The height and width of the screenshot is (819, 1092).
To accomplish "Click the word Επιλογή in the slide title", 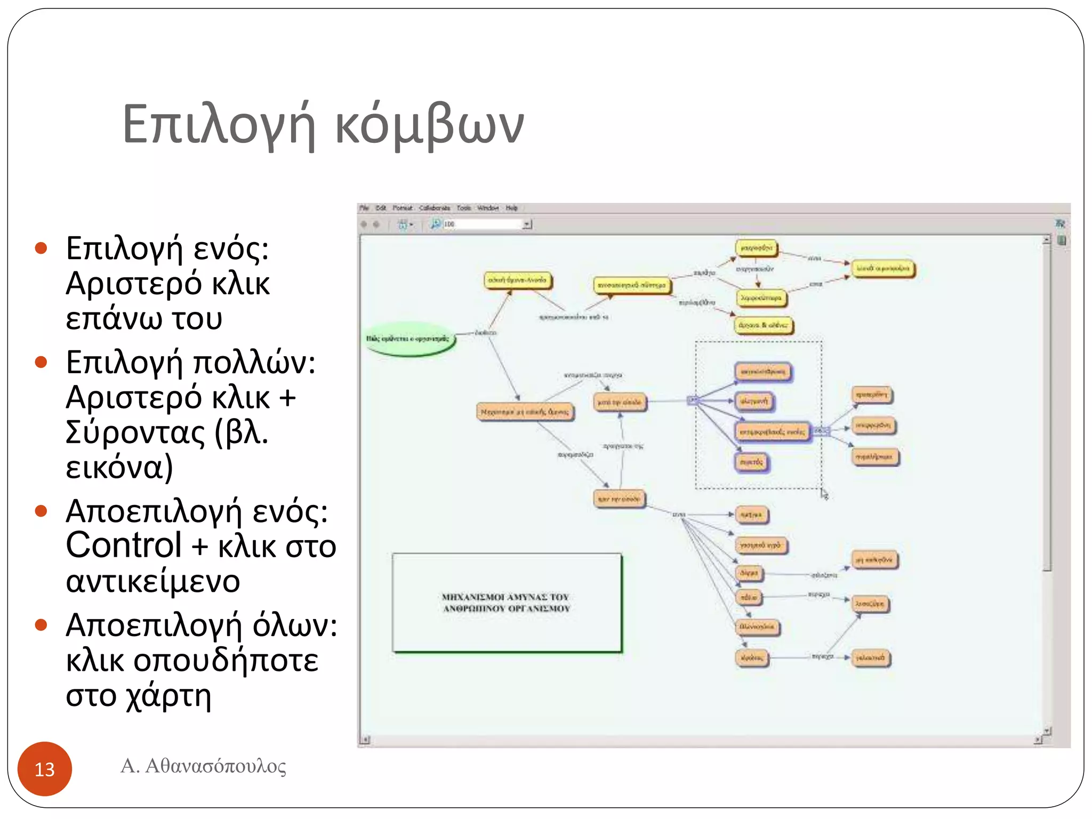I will pyautogui.click(x=219, y=125).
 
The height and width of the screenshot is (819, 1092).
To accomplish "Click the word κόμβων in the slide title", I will pyautogui.click(x=429, y=125).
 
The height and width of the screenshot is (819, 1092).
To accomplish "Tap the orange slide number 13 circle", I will pyautogui.click(x=45, y=768).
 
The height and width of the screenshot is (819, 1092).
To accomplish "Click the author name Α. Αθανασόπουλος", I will pyautogui.click(x=203, y=766).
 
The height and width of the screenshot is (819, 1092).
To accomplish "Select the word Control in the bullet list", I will pyautogui.click(x=124, y=545).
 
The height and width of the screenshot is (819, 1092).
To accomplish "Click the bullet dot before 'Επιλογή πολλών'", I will pyautogui.click(x=41, y=363).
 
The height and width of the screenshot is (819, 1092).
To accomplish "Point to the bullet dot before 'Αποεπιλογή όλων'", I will pyautogui.click(x=41, y=624).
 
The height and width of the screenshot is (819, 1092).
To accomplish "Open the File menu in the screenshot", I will pyautogui.click(x=364, y=208).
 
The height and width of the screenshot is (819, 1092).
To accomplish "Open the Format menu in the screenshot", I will pyautogui.click(x=403, y=208).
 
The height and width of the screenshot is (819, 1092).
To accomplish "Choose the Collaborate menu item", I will pyautogui.click(x=434, y=208).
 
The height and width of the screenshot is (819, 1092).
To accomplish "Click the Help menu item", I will pyautogui.click(x=512, y=208).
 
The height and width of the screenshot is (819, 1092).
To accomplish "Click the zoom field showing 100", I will pyautogui.click(x=483, y=224).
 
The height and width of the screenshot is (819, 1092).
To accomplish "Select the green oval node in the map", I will pyautogui.click(x=409, y=338).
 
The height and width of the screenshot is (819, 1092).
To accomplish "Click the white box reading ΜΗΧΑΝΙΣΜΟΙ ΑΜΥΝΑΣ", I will pyautogui.click(x=507, y=603).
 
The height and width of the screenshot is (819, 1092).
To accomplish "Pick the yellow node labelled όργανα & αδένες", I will pyautogui.click(x=763, y=325).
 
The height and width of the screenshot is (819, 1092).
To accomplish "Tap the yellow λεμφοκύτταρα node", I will pyautogui.click(x=761, y=298).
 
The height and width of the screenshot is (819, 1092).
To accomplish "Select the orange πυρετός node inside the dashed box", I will pyautogui.click(x=752, y=462).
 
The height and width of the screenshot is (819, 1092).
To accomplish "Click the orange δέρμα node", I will pyautogui.click(x=749, y=573).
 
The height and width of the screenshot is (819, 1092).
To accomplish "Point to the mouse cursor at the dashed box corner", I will pyautogui.click(x=824, y=494).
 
